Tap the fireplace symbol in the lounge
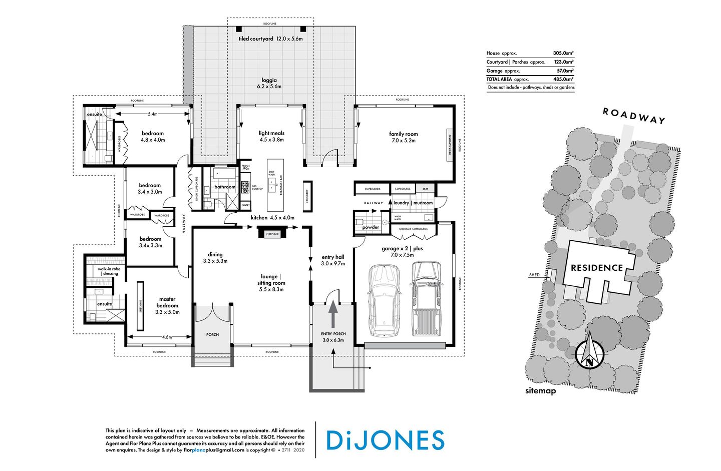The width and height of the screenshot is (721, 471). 272,233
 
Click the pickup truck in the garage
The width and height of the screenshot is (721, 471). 426,298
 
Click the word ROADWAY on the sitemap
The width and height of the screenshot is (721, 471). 633,115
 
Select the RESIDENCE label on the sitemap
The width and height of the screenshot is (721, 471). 597,268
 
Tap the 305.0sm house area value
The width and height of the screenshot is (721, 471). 563,53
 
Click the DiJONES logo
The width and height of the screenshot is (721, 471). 385,440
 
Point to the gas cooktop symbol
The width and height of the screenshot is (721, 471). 245,187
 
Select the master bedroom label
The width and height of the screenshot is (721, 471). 167,302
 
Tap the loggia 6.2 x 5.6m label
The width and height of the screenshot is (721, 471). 269,83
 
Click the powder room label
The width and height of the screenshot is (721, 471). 370,227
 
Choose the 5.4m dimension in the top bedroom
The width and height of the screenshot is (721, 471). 152,114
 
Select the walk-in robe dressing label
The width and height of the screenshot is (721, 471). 108,271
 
